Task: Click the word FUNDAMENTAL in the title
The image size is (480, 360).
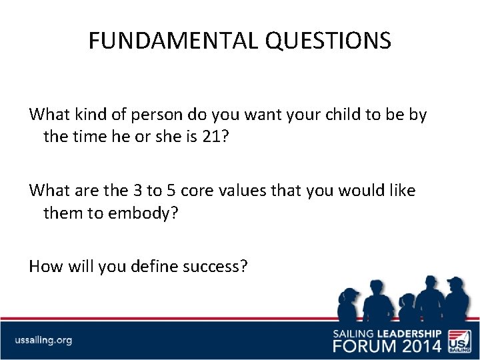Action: point(174,41)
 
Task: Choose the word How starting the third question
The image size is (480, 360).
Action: point(45,267)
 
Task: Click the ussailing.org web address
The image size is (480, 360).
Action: point(43,341)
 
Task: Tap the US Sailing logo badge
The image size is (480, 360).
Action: point(458,339)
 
